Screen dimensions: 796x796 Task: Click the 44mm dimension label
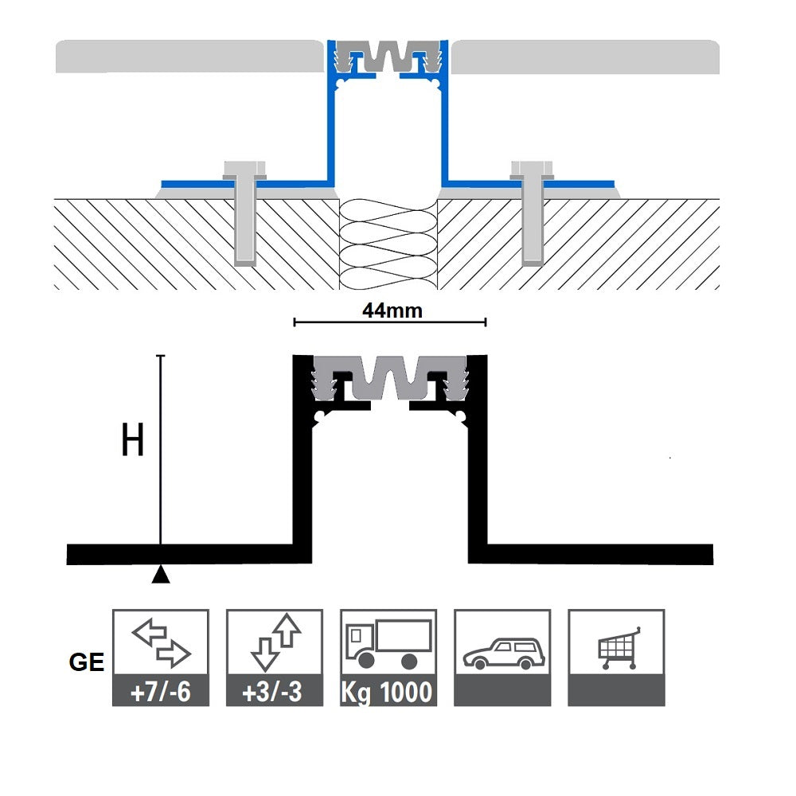coord(392,310)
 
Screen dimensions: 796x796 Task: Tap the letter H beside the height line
coord(132,440)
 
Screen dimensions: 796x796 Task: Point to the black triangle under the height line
coord(161,574)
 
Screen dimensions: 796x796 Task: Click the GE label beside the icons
coord(87,662)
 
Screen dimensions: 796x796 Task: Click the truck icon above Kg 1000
coord(388,644)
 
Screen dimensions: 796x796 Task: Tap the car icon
coord(501,650)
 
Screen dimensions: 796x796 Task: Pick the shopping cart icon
coord(616,647)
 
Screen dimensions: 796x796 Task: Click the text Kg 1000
coord(388,691)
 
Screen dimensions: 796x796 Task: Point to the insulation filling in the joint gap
coord(389,239)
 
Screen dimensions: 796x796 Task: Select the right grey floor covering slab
coord(585,57)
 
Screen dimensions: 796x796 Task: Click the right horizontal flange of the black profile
coord(597,553)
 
